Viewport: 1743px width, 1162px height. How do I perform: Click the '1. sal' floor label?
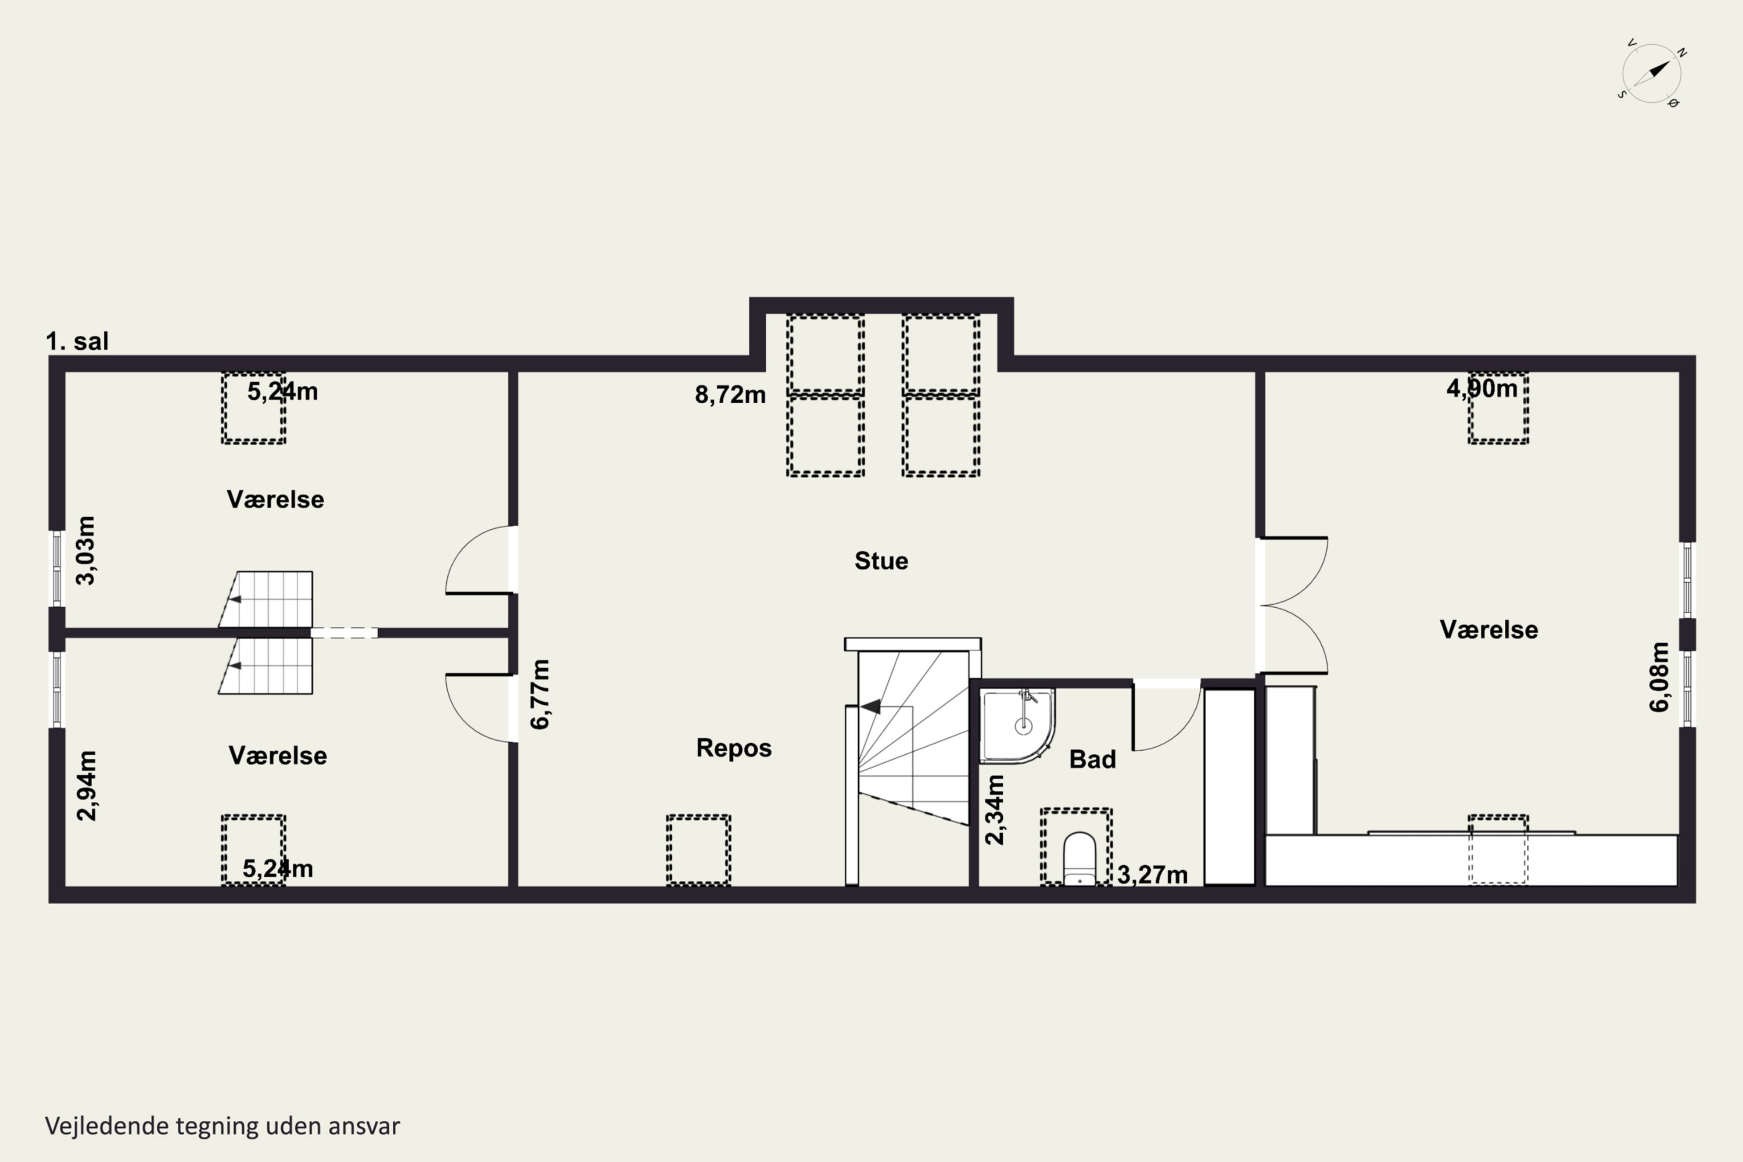point(77,342)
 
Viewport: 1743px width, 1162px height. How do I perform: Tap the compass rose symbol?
point(1652,73)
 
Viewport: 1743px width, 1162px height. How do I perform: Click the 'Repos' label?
point(734,748)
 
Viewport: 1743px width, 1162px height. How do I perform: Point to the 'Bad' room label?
point(1092,759)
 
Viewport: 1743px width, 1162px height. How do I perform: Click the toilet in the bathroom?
point(1079,858)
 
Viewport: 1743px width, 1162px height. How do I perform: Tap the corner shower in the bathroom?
point(1017,726)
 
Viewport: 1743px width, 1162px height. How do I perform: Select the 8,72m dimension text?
point(730,395)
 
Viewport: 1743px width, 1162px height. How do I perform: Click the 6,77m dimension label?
point(541,694)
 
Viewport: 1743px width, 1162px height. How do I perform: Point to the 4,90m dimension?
point(1482,388)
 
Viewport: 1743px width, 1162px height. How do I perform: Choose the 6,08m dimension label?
point(1659,677)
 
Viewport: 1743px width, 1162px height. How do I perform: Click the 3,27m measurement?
point(1152,875)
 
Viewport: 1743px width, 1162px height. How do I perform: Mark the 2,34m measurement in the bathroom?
point(995,810)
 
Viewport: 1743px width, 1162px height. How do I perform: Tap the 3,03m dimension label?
point(86,551)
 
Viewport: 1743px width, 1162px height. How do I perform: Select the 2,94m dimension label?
point(86,786)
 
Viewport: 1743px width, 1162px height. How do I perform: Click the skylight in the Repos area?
point(698,850)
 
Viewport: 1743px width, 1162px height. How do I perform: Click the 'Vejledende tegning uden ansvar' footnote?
point(223,1126)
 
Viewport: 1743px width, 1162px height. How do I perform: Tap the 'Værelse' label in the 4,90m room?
point(1489,630)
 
